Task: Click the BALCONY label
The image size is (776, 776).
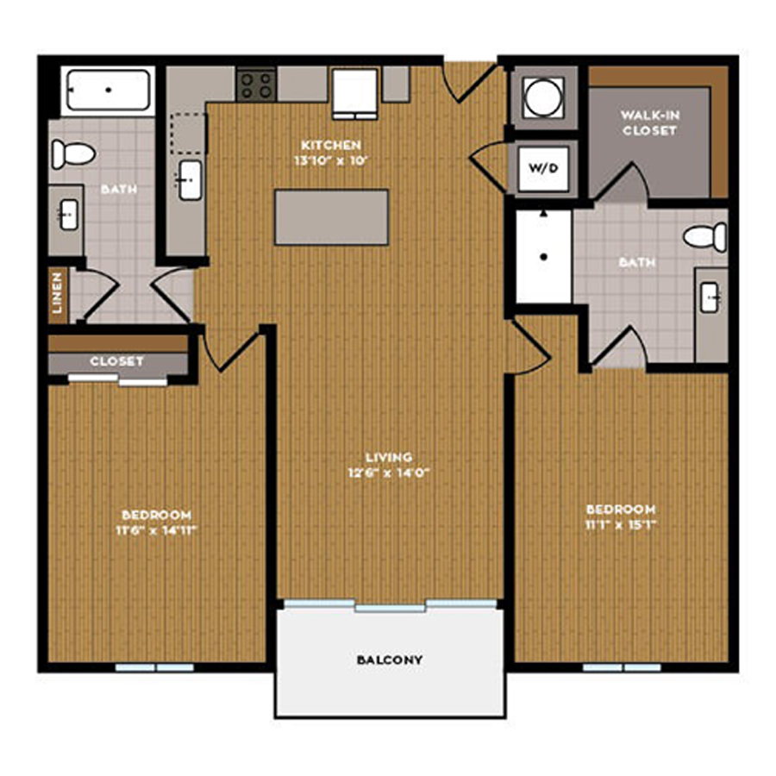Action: pos(390,660)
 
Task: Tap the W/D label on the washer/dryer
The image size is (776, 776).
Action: pos(543,168)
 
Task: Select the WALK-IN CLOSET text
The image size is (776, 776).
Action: pos(650,122)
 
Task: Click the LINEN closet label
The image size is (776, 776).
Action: pos(58,293)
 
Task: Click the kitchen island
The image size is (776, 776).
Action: pos(332,217)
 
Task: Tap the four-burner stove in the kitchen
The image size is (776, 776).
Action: pos(256,84)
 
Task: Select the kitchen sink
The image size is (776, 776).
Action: pos(190,180)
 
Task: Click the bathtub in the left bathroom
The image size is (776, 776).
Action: pos(109,90)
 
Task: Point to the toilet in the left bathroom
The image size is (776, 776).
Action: pos(73,154)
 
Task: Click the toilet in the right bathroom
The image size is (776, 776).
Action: pos(704,237)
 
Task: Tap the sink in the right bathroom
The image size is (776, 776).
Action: pos(710,297)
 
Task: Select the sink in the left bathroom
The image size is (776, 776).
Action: pos(69,215)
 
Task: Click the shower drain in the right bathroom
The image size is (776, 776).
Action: pos(543,257)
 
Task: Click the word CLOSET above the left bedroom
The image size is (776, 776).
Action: pos(116,361)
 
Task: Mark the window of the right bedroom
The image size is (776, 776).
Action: pos(622,667)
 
